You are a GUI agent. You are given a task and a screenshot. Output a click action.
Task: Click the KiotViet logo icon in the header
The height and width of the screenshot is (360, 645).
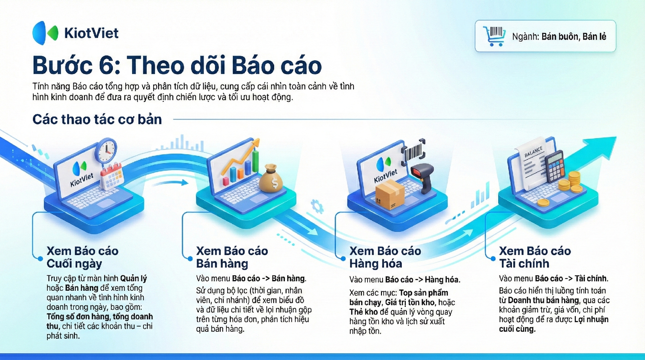click(x=45, y=33)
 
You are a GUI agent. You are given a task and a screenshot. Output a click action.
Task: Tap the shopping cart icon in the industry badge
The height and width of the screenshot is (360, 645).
click(x=494, y=36)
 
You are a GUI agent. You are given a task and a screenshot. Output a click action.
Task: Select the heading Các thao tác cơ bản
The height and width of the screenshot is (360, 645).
click(x=97, y=119)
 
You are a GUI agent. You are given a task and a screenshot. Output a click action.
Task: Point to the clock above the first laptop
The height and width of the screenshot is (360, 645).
click(x=106, y=150)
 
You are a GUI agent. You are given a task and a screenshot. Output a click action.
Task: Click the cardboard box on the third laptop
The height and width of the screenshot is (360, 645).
click(x=390, y=195)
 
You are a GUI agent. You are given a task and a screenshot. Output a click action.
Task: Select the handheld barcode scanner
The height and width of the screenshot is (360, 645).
click(x=424, y=177)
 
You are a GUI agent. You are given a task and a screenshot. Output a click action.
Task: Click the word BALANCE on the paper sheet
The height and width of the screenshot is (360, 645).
click(x=533, y=152)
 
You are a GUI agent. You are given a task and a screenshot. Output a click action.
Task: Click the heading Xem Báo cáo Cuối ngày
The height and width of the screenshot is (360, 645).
click(x=83, y=257)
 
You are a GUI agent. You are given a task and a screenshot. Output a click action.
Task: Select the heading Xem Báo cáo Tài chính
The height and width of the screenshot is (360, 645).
click(x=535, y=257)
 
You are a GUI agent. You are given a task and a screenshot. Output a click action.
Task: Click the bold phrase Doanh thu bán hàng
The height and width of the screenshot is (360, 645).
click(x=544, y=300)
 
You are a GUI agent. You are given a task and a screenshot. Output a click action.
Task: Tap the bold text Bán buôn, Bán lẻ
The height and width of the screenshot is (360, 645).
click(x=574, y=37)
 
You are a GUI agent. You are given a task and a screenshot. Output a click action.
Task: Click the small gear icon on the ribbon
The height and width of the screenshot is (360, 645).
click(x=317, y=206)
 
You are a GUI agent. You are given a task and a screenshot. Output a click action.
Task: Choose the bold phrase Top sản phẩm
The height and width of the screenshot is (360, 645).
click(x=424, y=293)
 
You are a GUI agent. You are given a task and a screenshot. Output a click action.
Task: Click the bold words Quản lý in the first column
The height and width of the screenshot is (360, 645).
click(x=133, y=279)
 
